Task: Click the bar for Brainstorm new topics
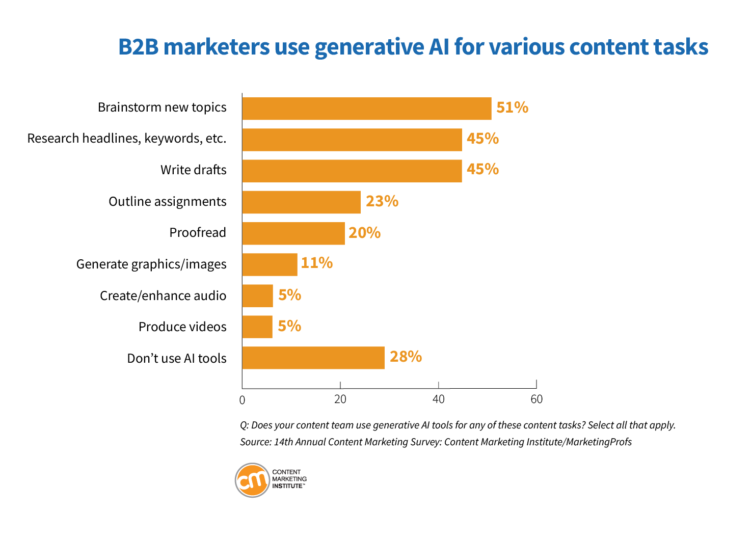click(x=366, y=109)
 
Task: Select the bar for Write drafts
click(x=352, y=171)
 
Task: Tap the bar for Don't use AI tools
click(x=313, y=358)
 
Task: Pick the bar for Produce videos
click(x=257, y=327)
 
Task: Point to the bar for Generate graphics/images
click(x=270, y=264)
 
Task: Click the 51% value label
click(x=512, y=107)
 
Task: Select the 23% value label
click(x=382, y=201)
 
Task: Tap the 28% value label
click(x=406, y=357)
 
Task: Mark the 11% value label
click(x=316, y=263)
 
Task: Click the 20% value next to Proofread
click(x=364, y=233)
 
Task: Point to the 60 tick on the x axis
click(x=537, y=399)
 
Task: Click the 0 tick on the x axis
click(x=242, y=400)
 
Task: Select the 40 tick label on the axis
click(x=438, y=399)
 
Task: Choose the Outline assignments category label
click(x=167, y=202)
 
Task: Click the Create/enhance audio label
click(x=163, y=296)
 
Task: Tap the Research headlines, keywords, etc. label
click(x=126, y=139)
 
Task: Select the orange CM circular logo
click(x=252, y=480)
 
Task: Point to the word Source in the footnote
click(x=255, y=442)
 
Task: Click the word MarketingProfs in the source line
click(x=599, y=442)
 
